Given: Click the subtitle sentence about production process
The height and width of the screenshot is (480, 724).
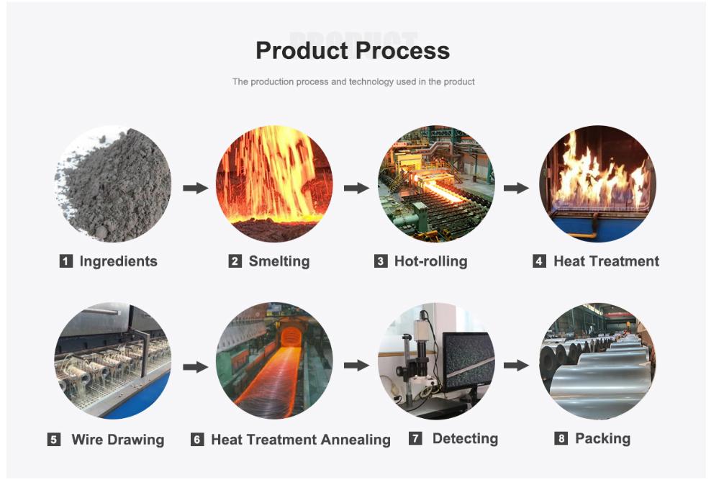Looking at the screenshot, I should tap(353, 82).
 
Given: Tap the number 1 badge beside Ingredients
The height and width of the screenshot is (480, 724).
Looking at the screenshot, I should tap(66, 261).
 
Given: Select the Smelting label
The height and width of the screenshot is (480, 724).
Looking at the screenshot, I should tap(279, 261).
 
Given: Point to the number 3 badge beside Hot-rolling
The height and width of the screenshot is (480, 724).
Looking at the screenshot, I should tap(381, 261).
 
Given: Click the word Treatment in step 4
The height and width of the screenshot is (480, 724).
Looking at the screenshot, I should tap(623, 261).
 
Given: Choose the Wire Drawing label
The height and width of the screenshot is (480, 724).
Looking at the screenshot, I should tap(117, 439).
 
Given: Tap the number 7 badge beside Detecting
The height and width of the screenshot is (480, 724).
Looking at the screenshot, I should tap(415, 438).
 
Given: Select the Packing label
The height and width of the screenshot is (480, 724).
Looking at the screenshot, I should tap(602, 438).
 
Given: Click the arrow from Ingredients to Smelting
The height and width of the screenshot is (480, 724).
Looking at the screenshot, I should tap(195, 188).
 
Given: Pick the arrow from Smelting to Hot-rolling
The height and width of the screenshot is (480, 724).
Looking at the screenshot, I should tap(356, 188).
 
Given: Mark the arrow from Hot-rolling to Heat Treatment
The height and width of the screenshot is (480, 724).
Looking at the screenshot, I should tap(516, 188).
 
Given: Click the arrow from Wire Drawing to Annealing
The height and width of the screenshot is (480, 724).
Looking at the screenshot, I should tap(195, 367).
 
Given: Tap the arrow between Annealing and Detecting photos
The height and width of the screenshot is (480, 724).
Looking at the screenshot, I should tap(356, 366).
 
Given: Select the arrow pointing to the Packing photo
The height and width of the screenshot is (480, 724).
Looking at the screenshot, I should tap(516, 366).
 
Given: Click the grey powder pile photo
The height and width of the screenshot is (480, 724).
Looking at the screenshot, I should tap(113, 184).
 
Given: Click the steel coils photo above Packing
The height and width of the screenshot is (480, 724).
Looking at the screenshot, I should tap(597, 362).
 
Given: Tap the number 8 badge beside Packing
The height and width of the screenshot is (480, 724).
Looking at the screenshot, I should tap(561, 438).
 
